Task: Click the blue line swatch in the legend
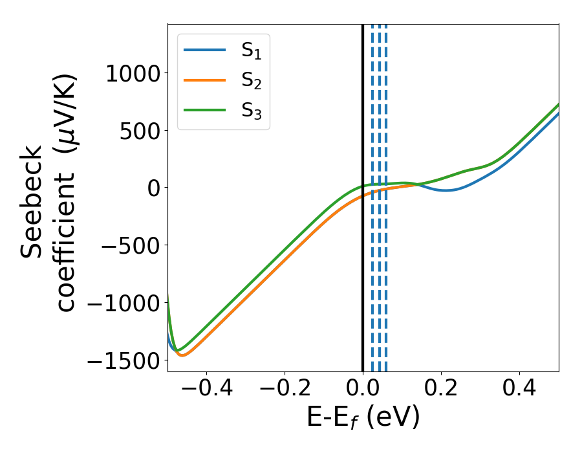click(x=205, y=50)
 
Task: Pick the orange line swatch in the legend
click(x=205, y=80)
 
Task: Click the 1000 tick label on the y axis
click(x=133, y=73)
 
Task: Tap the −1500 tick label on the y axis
click(x=124, y=360)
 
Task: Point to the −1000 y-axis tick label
click(x=124, y=302)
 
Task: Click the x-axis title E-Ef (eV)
click(x=363, y=417)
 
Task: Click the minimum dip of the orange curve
click(x=182, y=355)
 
